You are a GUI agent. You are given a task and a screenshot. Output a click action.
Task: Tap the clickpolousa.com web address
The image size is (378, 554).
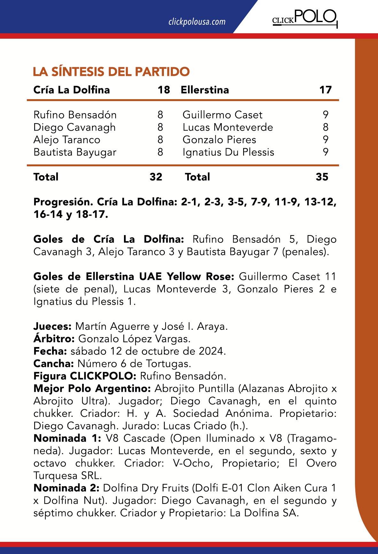[197, 22]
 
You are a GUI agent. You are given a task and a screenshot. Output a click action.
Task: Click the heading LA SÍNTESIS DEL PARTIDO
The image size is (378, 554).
[111, 71]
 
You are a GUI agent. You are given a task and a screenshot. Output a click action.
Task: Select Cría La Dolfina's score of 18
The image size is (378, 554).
[164, 90]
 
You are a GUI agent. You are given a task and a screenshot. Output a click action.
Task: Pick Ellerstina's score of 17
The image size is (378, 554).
[325, 90]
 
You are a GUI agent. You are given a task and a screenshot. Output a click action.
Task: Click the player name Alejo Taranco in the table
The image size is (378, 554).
[67, 140]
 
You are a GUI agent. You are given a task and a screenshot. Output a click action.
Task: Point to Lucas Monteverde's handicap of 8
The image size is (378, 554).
[325, 127]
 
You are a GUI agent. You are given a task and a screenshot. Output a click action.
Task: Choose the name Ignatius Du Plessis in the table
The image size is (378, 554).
[228, 152]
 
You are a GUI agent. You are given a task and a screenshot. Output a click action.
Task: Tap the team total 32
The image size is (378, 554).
[156, 177]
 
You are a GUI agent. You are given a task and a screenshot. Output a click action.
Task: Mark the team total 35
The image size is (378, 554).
[322, 177]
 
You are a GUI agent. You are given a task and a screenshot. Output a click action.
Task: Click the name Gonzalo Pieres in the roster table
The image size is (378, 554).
[219, 140]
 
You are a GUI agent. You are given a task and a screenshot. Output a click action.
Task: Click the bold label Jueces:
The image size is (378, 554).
[52, 326]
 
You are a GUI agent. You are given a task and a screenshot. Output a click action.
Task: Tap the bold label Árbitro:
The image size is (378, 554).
[54, 339]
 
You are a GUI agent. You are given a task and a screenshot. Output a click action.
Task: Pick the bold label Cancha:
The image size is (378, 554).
[53, 364]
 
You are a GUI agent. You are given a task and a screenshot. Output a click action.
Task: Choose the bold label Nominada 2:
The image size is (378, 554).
[66, 488]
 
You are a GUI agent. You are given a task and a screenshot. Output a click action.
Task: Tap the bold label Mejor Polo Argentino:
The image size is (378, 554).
[92, 389]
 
